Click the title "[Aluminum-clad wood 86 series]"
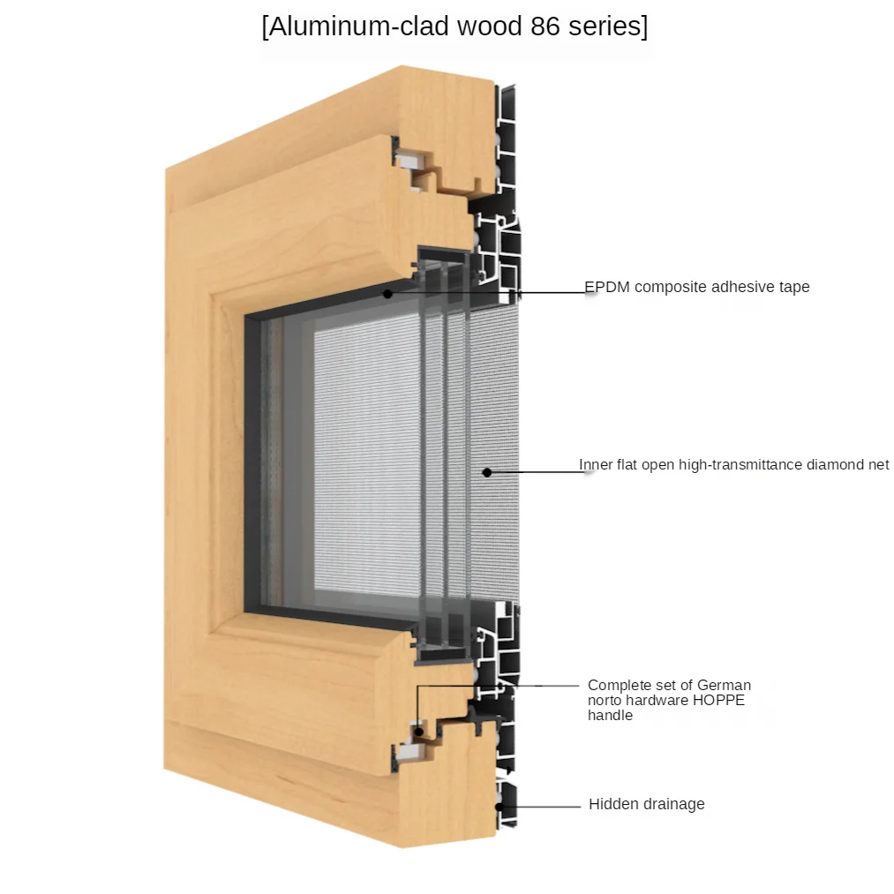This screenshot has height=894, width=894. click(x=455, y=26)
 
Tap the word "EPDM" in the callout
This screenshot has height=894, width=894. click(x=607, y=287)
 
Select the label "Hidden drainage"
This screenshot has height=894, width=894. click(x=646, y=804)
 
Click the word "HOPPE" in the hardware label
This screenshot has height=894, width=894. click(x=716, y=700)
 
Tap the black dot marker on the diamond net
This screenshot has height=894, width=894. click(x=486, y=473)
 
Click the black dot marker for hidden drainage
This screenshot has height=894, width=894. click(x=500, y=805)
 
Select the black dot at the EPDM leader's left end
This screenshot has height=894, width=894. click(x=387, y=293)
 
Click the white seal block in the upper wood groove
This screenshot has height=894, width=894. click(x=409, y=162)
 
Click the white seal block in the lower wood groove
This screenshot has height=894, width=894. click(x=409, y=752)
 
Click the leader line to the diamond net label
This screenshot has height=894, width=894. click(x=534, y=472)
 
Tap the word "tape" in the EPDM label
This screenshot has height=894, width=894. click(x=793, y=287)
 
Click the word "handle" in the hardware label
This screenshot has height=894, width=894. click(x=610, y=716)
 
